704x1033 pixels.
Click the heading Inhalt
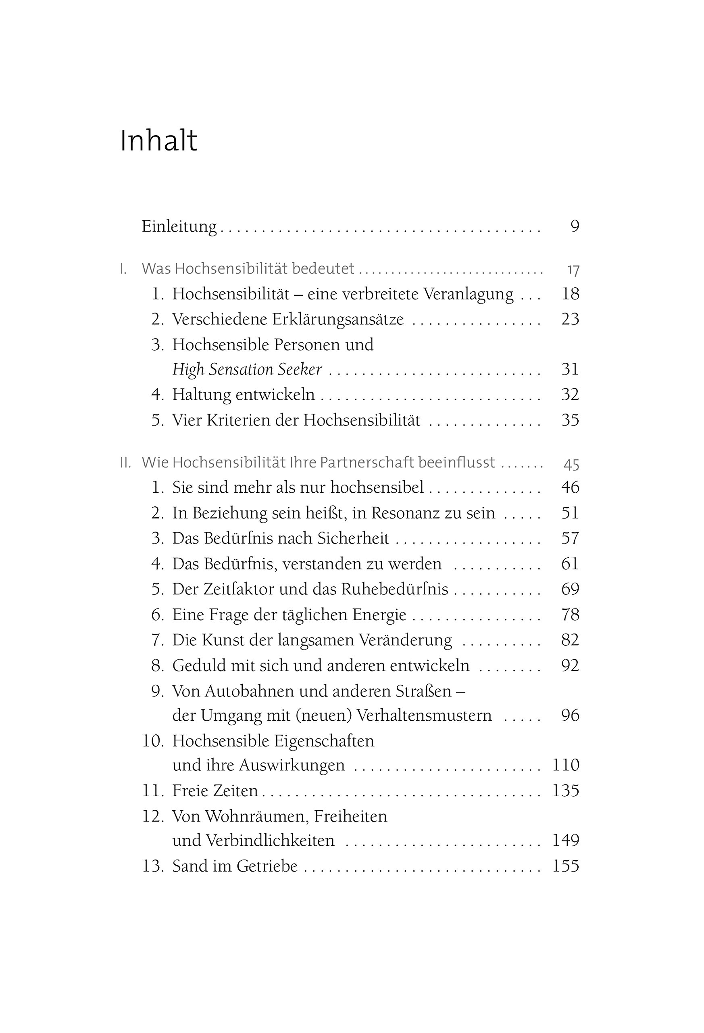158,141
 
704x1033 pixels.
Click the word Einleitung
179,227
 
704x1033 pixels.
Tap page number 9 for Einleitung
575,227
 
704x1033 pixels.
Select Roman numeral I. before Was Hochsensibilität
123,269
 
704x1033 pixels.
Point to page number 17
573,270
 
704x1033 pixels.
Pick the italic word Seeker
300,369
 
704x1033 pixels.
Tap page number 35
570,420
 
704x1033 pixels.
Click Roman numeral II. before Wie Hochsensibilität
125,463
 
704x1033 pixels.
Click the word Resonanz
408,513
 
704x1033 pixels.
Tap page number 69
570,589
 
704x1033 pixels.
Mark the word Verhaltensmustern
424,715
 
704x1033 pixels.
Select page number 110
565,765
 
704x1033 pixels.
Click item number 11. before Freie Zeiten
153,791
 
